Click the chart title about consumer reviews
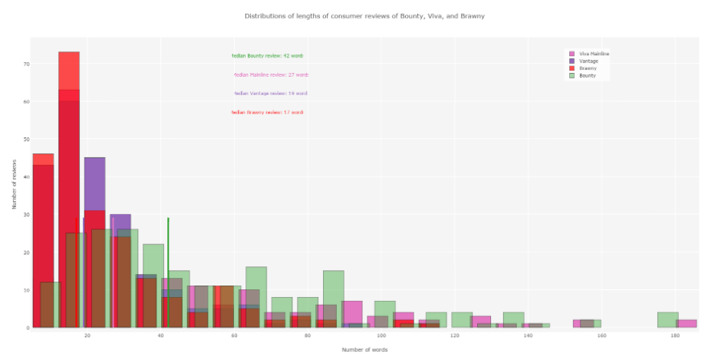pos(364,15)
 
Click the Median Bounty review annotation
pos(267,56)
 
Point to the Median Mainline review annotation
pos(271,75)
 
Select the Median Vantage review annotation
pos(271,94)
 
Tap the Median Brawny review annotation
pos(267,113)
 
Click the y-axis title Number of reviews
pos(14,184)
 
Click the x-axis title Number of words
pos(364,350)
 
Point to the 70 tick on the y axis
pos(26,64)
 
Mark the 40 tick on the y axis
pos(26,177)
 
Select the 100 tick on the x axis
pos(381,335)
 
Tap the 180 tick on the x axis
pos(675,335)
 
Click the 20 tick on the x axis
pos(87,335)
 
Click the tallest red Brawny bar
pos(69,192)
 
